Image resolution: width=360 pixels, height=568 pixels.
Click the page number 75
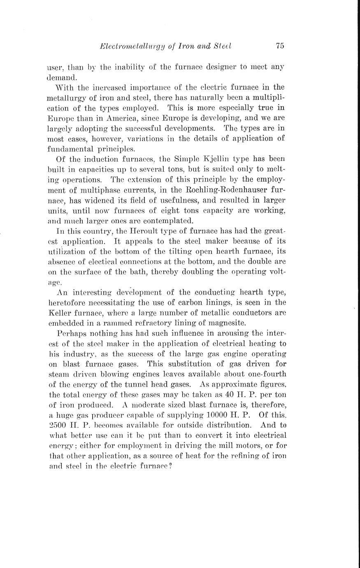click(x=280, y=46)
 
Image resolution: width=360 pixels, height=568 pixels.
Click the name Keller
click(x=61, y=313)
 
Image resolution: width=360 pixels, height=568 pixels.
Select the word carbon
click(x=193, y=303)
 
